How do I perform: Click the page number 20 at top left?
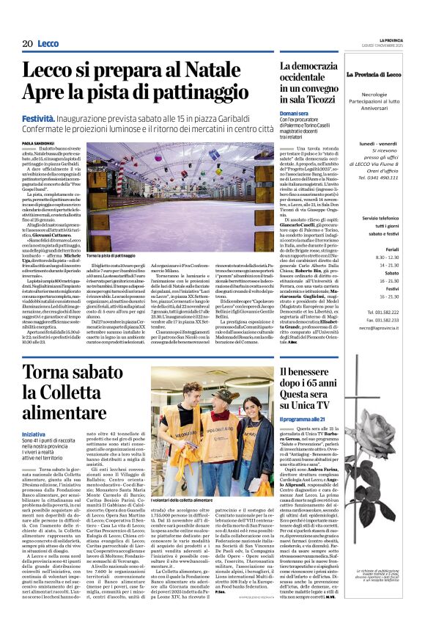(28, 44)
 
